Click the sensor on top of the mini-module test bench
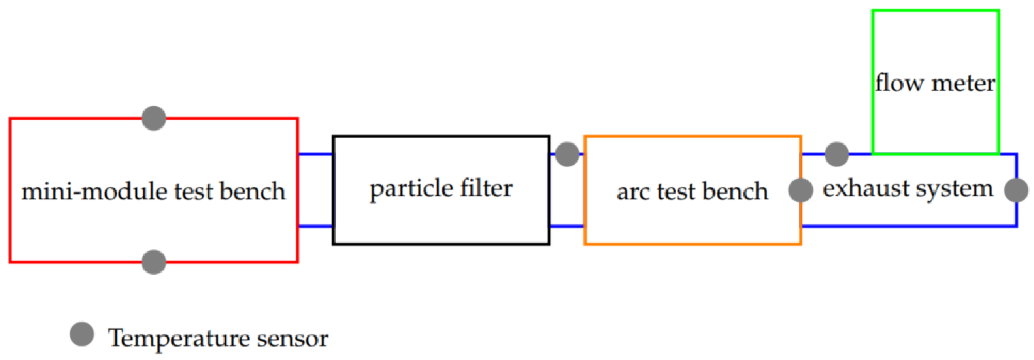tap(154, 119)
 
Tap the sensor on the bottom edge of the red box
tap(154, 262)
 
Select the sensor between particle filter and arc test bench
tap(567, 154)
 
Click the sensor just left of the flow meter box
tap(836, 154)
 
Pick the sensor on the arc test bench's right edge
tap(801, 190)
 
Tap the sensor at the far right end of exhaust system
tap(1016, 190)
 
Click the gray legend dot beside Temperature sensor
tap(82, 334)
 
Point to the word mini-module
tap(95, 191)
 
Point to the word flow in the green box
tap(899, 83)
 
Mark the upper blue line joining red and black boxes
tap(315, 154)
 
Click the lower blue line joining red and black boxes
tap(315, 226)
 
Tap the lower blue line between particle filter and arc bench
tap(567, 226)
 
